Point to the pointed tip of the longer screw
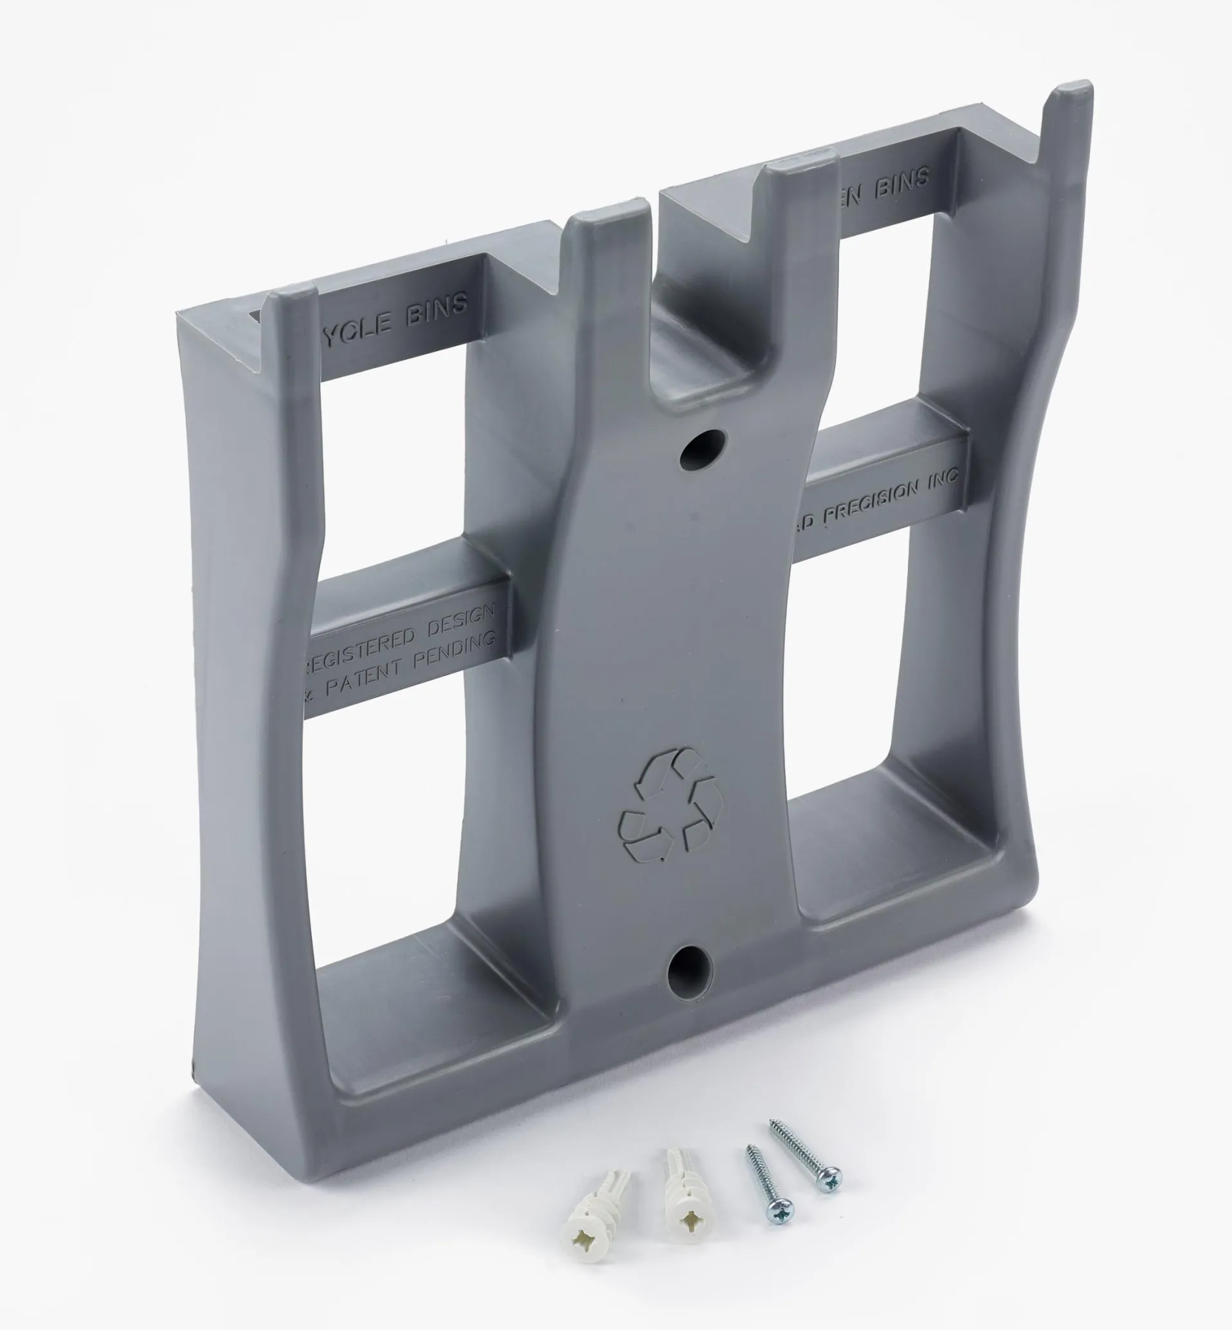click(x=774, y=1124)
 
